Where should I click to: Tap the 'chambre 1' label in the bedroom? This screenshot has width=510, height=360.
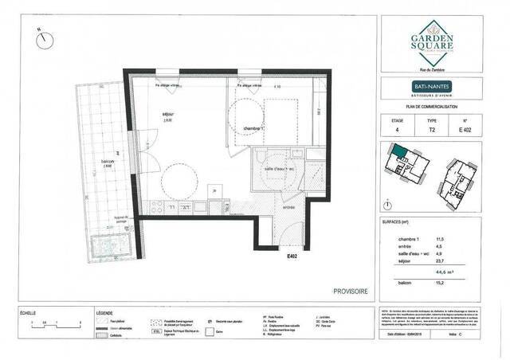(253, 128)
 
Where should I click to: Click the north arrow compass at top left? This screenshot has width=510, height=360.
(41, 38)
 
